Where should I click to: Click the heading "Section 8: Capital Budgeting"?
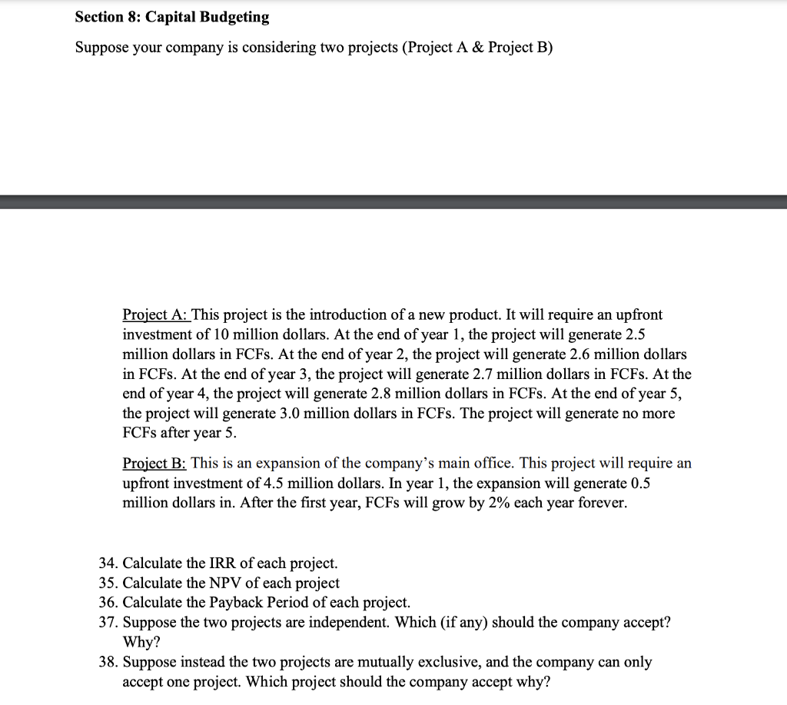point(172,16)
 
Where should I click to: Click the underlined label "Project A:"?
point(155,314)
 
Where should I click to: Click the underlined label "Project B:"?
point(154,463)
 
